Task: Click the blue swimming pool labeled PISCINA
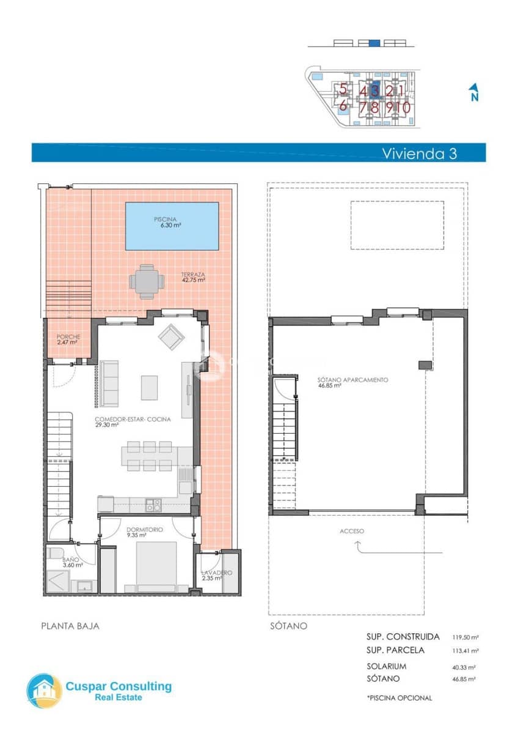tap(172, 226)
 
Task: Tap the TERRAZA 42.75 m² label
tap(192, 277)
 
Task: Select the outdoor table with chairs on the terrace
tap(147, 282)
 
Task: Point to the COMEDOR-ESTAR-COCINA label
tap(133, 421)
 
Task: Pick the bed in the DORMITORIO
tap(156, 566)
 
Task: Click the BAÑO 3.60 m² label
tap(71, 562)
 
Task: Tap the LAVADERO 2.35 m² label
tap(216, 575)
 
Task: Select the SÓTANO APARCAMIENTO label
tap(352, 382)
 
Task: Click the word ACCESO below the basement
tap(352, 531)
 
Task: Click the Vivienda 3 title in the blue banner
tap(419, 153)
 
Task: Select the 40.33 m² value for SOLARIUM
tap(464, 667)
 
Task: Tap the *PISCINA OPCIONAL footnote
tap(399, 698)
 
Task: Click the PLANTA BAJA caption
tap(70, 626)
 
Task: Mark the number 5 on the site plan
tap(344, 90)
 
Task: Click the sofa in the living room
tap(110, 384)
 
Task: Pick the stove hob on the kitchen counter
tap(153, 505)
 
